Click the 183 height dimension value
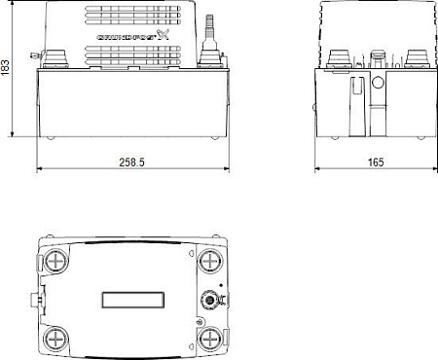pos(8,71)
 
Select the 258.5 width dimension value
pos(130,161)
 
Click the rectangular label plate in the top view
pos(131,300)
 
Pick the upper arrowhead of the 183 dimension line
pos(12,5)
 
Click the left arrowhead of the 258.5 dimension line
pos(41,169)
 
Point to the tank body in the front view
pos(131,102)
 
